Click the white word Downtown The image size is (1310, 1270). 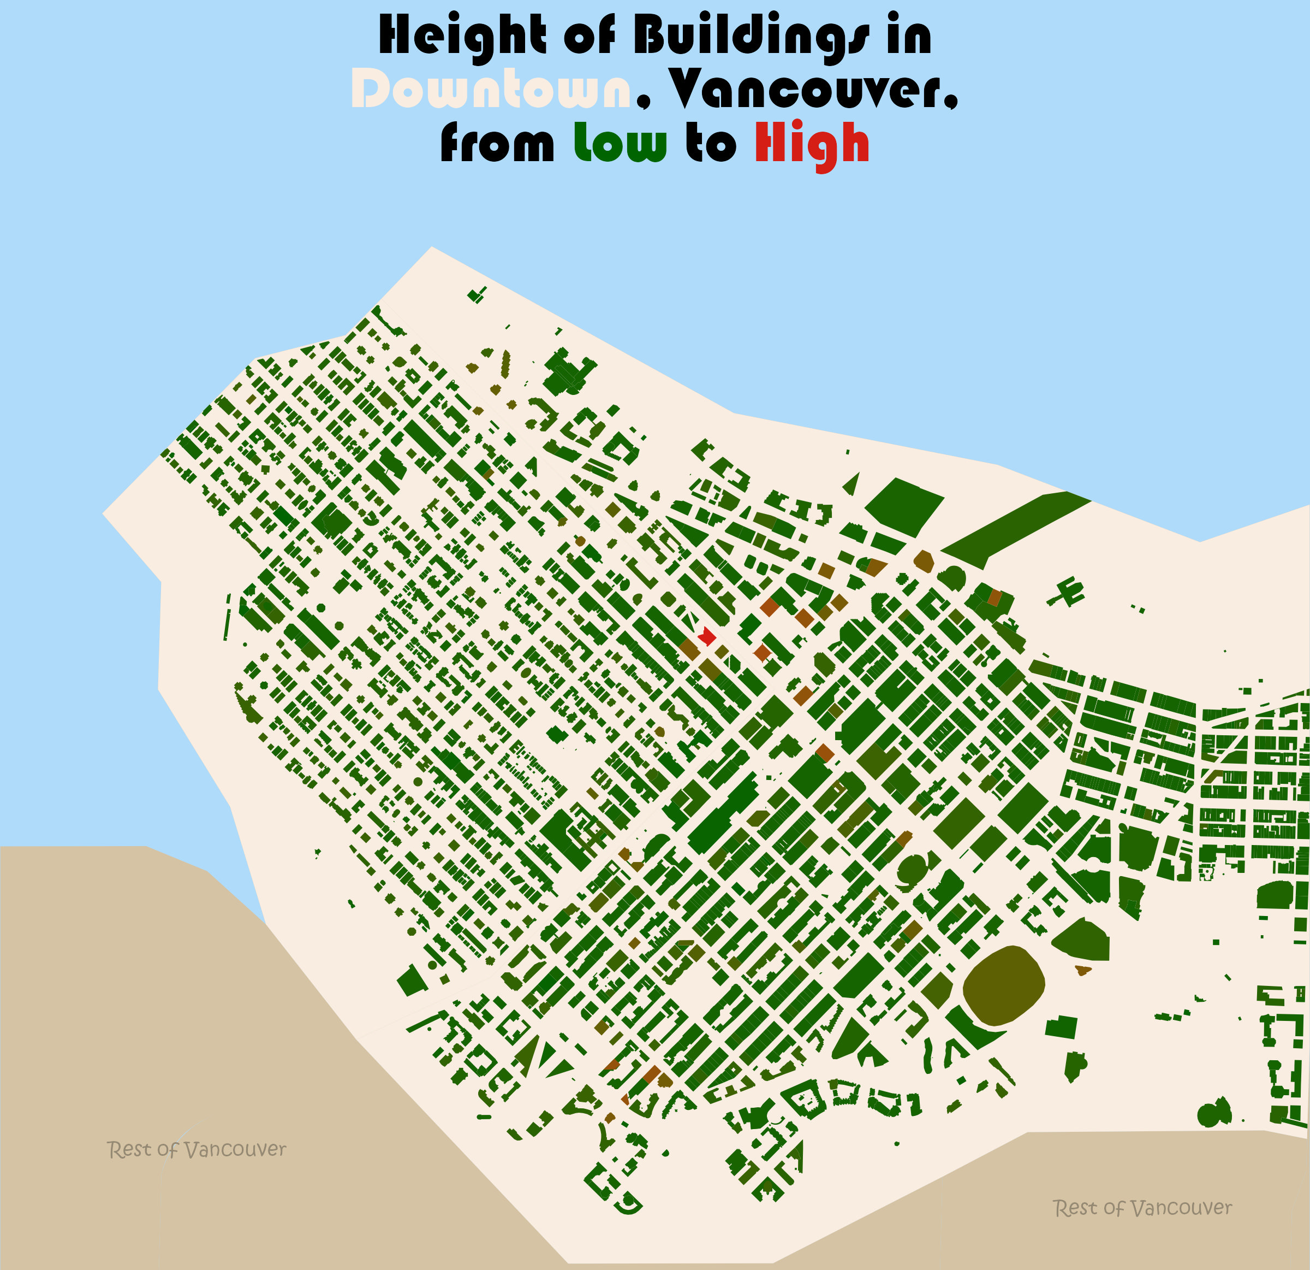coord(491,90)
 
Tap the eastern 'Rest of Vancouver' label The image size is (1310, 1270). coord(1142,1208)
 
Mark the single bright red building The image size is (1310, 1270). coord(706,637)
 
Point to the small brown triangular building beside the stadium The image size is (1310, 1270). coord(1082,969)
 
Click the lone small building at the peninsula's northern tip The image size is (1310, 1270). coord(477,295)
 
